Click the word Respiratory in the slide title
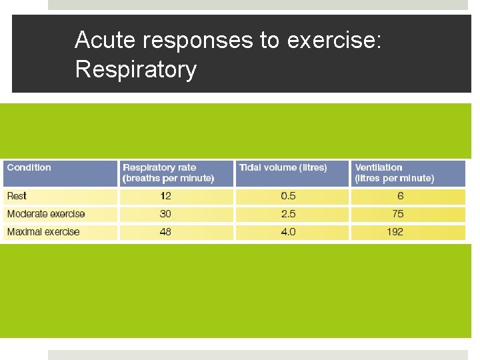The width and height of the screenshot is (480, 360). click(x=136, y=69)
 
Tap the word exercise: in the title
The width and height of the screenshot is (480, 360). click(x=334, y=40)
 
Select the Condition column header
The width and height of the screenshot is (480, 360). click(x=29, y=167)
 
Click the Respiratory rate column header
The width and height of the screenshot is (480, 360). click(x=168, y=173)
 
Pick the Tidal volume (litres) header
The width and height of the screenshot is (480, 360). click(x=283, y=167)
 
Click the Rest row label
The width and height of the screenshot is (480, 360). click(x=17, y=196)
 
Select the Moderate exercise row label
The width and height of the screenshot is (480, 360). click(x=46, y=214)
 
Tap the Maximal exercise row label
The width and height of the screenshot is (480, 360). click(x=43, y=232)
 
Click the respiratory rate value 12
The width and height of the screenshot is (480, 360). click(x=165, y=196)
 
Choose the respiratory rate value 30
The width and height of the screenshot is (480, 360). click(x=165, y=214)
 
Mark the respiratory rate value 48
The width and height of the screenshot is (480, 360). click(x=165, y=232)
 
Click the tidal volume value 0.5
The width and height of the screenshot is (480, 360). click(x=288, y=196)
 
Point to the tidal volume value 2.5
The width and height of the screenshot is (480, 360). click(x=288, y=214)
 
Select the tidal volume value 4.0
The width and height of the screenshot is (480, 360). click(x=288, y=232)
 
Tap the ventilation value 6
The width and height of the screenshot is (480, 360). click(x=400, y=196)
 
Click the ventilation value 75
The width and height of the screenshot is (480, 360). click(x=398, y=214)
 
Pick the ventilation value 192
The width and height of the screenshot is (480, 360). click(x=395, y=232)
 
